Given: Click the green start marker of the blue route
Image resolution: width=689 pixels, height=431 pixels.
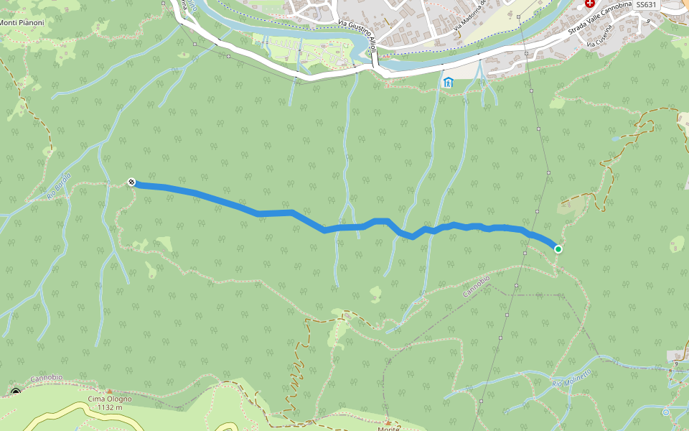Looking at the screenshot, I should (558, 249).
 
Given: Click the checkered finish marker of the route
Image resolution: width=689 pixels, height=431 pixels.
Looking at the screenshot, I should (131, 182).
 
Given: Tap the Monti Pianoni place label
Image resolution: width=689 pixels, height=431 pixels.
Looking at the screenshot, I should (22, 23).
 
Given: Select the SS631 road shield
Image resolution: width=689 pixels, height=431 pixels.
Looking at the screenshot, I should (646, 4).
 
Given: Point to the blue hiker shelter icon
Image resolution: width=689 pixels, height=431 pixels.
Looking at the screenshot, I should (449, 82).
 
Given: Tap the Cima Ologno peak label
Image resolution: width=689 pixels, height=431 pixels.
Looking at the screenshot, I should (105, 399).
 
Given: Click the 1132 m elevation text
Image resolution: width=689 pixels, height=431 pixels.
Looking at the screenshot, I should (106, 407).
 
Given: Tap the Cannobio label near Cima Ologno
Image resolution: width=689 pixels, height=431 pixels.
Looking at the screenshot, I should (47, 378).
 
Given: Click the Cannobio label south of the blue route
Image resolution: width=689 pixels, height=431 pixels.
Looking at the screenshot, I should (476, 287).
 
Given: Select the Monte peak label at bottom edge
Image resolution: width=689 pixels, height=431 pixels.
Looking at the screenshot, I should (388, 428).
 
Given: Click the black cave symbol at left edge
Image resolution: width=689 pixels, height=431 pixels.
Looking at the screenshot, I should (16, 392).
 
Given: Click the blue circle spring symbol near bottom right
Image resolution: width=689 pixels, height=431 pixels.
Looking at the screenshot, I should (666, 412).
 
